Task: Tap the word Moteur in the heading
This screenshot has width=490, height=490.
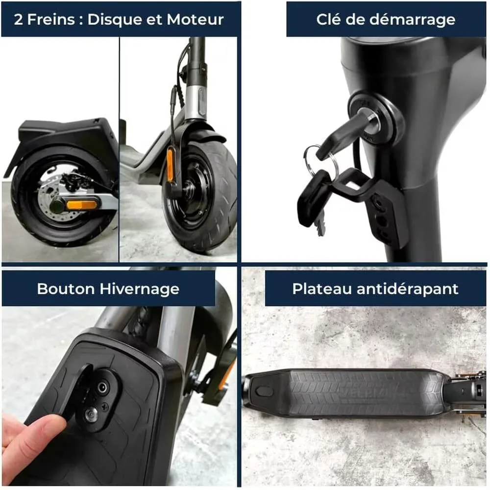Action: pyautogui.click(x=195, y=20)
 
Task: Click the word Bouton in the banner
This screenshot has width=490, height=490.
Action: pyautogui.click(x=66, y=289)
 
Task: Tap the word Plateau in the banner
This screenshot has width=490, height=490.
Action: pyautogui.click(x=322, y=289)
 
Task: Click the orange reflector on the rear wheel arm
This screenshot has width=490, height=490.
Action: pyautogui.click(x=81, y=205)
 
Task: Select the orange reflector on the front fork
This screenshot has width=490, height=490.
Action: pyautogui.click(x=170, y=165)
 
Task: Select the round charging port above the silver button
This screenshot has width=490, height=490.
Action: pyautogui.click(x=102, y=388)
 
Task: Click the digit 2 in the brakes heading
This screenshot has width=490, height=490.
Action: pyautogui.click(x=18, y=20)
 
